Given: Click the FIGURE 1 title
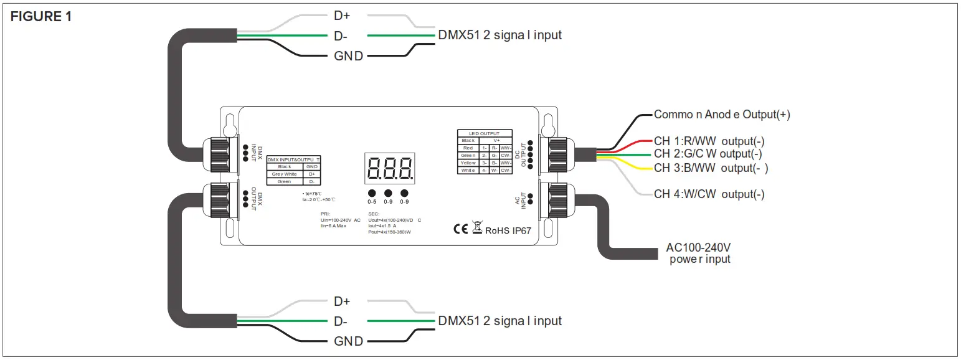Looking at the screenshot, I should click(x=41, y=17).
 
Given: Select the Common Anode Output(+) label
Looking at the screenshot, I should click(x=721, y=115).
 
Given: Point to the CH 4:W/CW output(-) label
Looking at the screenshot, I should click(x=709, y=194).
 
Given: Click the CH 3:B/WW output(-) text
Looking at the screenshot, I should click(x=711, y=168).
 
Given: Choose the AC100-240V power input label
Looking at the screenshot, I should click(x=699, y=253).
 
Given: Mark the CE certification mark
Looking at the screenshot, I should click(x=460, y=229).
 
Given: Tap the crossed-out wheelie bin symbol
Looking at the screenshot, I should click(x=477, y=228).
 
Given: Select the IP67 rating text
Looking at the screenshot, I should click(x=521, y=230).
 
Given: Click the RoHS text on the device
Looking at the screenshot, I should click(x=498, y=230).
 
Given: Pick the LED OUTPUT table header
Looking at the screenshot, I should click(x=485, y=133).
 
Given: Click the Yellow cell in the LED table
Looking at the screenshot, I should click(x=468, y=163).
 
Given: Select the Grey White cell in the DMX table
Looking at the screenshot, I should click(x=284, y=174).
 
